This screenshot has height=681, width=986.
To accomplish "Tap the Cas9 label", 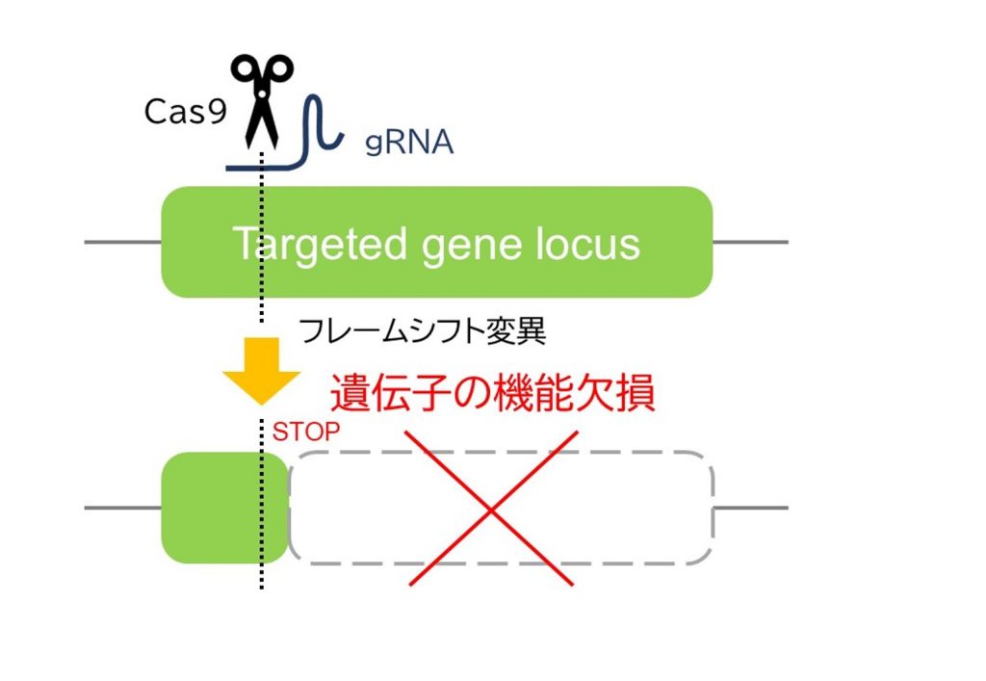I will [x=186, y=112].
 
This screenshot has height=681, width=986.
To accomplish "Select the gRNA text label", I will [x=409, y=143].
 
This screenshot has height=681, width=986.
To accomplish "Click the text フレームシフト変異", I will [x=423, y=331].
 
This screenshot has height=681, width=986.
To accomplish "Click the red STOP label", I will [x=306, y=432].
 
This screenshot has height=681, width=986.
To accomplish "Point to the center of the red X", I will [x=491, y=509].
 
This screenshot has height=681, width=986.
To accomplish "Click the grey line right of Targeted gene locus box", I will [x=750, y=242].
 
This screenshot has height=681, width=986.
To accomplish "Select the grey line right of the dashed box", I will [x=750, y=508].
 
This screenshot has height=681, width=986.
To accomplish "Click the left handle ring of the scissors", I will [x=244, y=70].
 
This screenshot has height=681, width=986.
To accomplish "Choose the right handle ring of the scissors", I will [x=278, y=70].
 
